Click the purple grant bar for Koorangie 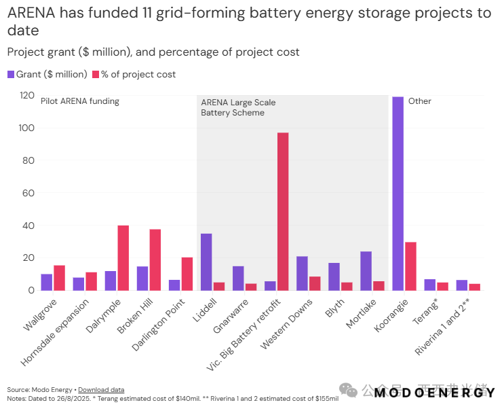398,194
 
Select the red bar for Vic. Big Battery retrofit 283,211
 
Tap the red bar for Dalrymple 123,258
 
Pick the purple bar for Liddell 206,262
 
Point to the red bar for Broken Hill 155,260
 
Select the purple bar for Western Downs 302,273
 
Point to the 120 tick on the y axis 26,96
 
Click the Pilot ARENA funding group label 80,101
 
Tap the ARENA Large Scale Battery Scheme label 237,107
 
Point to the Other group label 420,101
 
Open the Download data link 101,389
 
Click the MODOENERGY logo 435,393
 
